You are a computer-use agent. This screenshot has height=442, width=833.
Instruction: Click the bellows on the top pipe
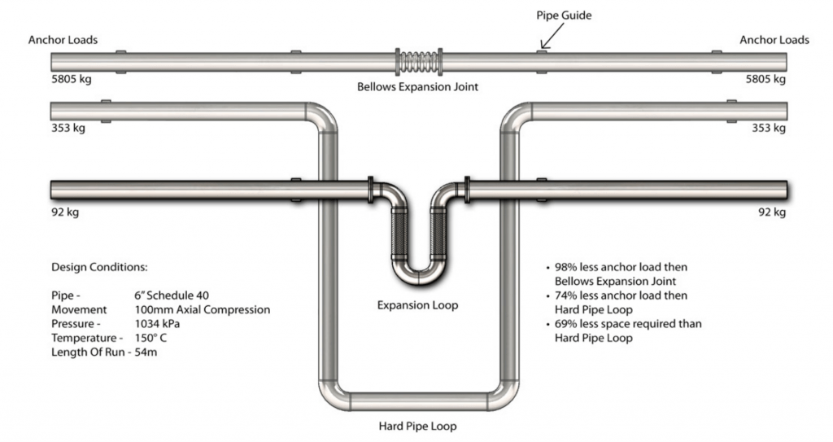point(419,63)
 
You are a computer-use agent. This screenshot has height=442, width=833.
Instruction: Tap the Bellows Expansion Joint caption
point(417,86)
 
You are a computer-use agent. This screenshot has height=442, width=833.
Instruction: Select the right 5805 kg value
point(766,80)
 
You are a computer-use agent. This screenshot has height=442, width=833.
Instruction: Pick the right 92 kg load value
point(772,212)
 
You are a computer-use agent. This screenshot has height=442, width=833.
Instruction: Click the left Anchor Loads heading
point(63,40)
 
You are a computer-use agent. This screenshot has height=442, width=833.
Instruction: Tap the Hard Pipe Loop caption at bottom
point(417,426)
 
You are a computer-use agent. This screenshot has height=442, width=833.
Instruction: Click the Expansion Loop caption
point(417,305)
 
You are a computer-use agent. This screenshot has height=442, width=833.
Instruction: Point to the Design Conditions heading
point(99,267)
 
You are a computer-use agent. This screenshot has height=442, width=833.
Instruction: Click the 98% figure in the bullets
point(565,267)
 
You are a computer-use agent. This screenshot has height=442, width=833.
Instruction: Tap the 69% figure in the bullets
point(565,324)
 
